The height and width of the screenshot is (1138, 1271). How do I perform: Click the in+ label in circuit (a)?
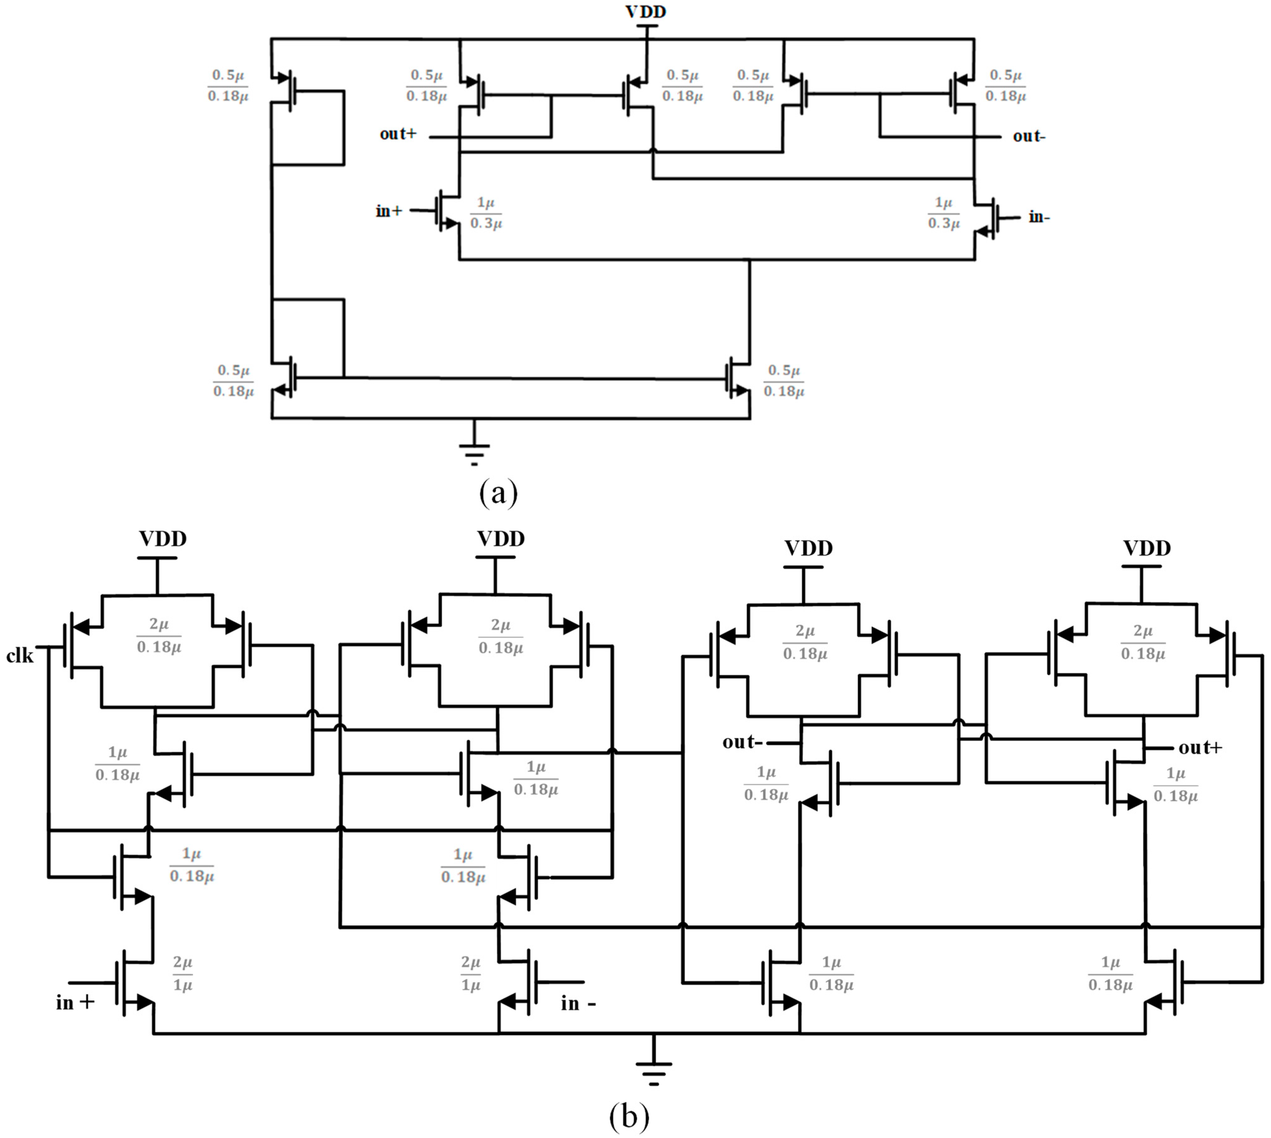[389, 211]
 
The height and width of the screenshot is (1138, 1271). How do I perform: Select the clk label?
[20, 656]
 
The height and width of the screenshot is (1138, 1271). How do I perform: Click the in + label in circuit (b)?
[75, 1003]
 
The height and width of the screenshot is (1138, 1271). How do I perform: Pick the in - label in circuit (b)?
[578, 1004]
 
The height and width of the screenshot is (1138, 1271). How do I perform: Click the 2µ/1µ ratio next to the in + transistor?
[183, 974]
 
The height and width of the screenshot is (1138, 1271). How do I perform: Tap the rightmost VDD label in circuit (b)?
[1147, 548]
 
